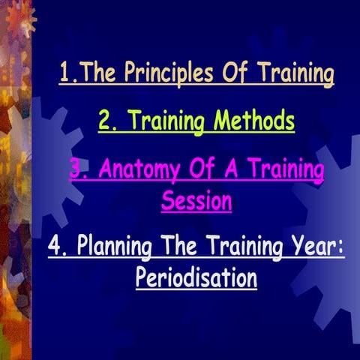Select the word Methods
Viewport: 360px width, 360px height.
point(252,121)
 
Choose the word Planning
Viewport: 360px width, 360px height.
point(108,247)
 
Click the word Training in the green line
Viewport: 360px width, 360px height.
point(169,121)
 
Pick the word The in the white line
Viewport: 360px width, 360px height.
point(169,247)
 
